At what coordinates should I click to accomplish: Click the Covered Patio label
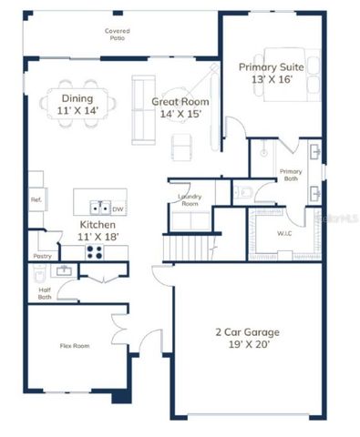click(x=117, y=35)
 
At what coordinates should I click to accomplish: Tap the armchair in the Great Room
click(x=184, y=143)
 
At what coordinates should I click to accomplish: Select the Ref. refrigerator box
click(x=37, y=199)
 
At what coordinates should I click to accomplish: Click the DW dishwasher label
click(x=118, y=208)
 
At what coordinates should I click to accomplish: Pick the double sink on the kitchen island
click(x=99, y=208)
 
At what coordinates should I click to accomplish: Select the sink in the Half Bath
click(x=63, y=271)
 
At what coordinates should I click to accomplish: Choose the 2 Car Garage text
click(x=248, y=339)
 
